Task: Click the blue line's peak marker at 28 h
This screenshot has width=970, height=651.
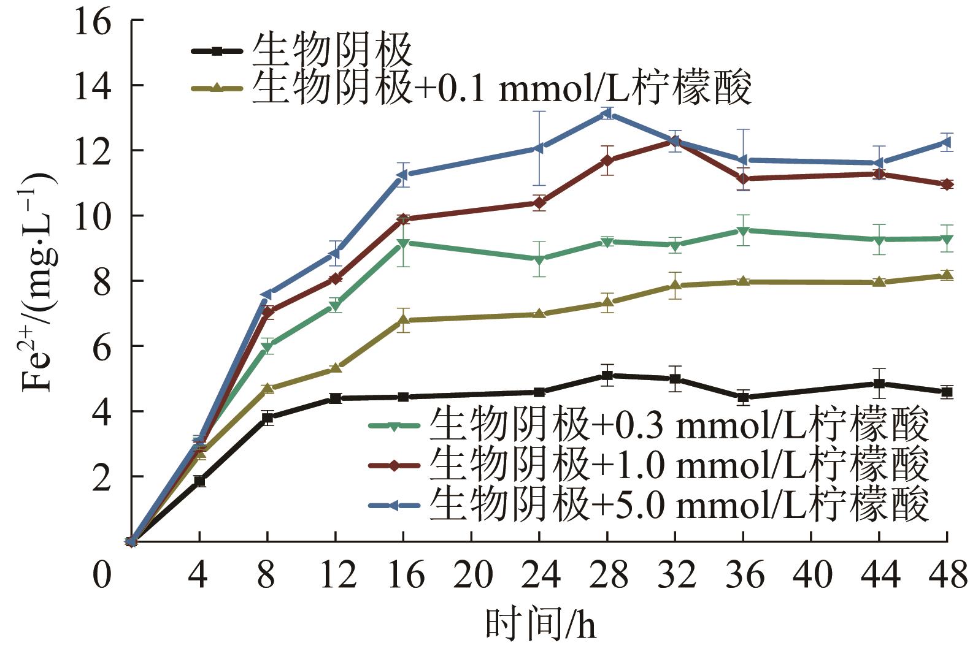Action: click(x=607, y=113)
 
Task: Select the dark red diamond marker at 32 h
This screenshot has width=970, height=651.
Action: click(x=675, y=142)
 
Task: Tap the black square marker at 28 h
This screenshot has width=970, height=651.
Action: click(x=607, y=375)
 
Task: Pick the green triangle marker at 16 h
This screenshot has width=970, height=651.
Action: click(x=403, y=243)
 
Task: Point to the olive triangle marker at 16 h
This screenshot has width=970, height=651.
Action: click(x=403, y=319)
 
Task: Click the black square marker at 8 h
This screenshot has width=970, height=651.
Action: click(x=268, y=418)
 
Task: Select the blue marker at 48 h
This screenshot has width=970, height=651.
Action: click(x=947, y=142)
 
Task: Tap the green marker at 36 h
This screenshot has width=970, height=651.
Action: click(x=743, y=231)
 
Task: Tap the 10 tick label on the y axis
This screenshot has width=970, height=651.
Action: click(x=93, y=216)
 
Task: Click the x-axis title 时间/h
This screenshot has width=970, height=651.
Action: click(x=540, y=625)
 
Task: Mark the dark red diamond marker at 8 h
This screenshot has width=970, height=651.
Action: click(x=268, y=312)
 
